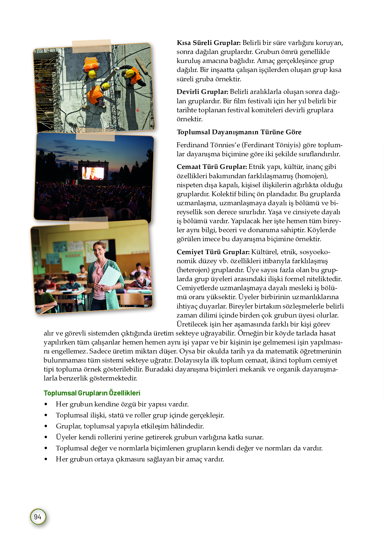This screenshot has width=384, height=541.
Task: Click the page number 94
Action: tap(38, 517)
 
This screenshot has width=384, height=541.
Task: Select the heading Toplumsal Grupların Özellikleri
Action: tap(92, 393)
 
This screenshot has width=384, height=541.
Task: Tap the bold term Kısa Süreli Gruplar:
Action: tap(208, 43)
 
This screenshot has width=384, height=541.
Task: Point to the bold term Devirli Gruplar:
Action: tap(202, 92)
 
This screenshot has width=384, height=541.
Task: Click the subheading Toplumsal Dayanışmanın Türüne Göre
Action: tap(239, 132)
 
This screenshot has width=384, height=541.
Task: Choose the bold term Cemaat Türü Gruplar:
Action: tap(212, 167)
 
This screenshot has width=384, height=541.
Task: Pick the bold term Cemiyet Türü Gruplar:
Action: tap(213, 252)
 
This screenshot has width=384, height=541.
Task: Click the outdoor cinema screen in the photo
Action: tap(93, 173)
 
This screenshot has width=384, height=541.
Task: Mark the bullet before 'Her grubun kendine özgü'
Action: tap(46, 404)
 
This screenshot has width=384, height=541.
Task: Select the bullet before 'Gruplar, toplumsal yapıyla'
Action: tap(46, 426)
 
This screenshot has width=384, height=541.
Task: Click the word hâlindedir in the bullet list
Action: tap(188, 426)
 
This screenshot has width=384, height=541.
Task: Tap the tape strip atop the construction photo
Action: tap(92, 46)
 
